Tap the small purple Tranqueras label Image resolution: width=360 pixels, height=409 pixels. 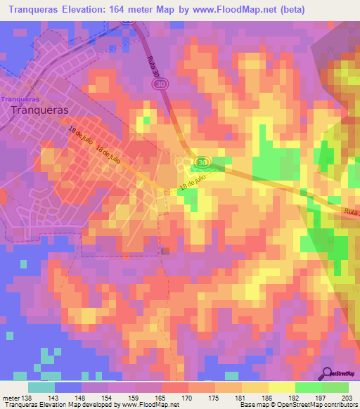pos(20,99)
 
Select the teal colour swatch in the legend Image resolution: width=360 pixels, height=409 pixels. pos(41,387)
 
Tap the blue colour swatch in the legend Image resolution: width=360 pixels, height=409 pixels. pos(68,387)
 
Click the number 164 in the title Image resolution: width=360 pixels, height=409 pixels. pos(124,9)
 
